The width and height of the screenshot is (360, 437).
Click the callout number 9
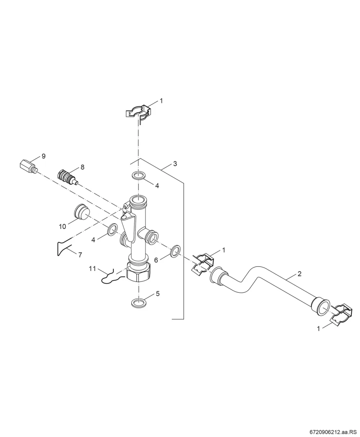click(43, 156)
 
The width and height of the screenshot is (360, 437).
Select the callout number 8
click(82, 167)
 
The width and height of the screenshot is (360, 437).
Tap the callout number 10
click(62, 227)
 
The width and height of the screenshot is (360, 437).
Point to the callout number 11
click(93, 269)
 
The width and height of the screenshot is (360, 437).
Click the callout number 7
click(80, 255)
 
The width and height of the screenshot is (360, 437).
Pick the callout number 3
click(175, 164)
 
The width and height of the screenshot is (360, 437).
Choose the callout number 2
click(300, 274)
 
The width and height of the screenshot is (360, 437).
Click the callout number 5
click(158, 293)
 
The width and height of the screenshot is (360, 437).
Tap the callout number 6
click(156, 260)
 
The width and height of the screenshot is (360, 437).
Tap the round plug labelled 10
click(82, 211)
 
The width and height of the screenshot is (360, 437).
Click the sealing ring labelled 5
click(139, 303)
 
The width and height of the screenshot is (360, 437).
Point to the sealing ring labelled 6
click(175, 251)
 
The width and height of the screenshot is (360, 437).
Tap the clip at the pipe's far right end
click(340, 315)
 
